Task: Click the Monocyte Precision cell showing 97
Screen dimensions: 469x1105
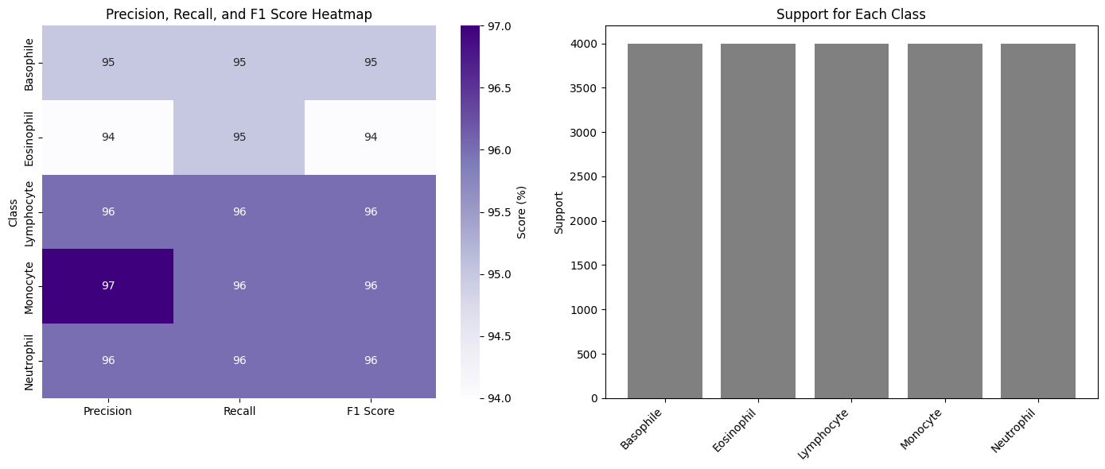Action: point(108,285)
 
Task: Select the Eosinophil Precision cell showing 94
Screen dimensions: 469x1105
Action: point(108,137)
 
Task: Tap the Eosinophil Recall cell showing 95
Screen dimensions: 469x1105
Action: point(239,137)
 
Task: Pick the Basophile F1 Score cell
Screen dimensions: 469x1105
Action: point(370,63)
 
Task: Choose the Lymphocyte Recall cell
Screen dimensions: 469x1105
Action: point(239,211)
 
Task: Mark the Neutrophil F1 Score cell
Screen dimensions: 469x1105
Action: point(370,360)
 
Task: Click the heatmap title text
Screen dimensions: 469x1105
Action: point(239,14)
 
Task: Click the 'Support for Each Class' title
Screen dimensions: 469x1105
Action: point(850,14)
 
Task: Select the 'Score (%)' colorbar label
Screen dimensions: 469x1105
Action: point(522,212)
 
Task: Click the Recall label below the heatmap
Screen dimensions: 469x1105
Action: point(239,411)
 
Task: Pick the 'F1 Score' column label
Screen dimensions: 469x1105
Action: point(370,411)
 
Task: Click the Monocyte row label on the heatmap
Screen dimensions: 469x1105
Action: point(29,285)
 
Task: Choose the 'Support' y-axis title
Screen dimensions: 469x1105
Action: point(558,212)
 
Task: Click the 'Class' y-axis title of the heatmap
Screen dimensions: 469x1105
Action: point(13,212)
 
